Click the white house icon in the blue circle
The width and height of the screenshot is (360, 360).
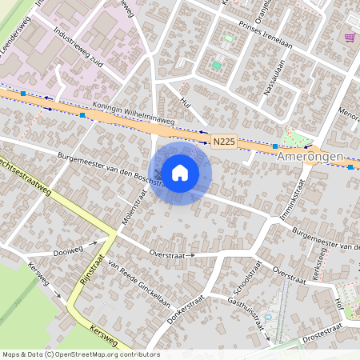click(180, 172)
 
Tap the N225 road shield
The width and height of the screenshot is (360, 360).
click(224, 142)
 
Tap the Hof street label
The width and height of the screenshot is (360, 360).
click(339, 303)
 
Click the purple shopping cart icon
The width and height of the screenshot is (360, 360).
click(350, 37)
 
